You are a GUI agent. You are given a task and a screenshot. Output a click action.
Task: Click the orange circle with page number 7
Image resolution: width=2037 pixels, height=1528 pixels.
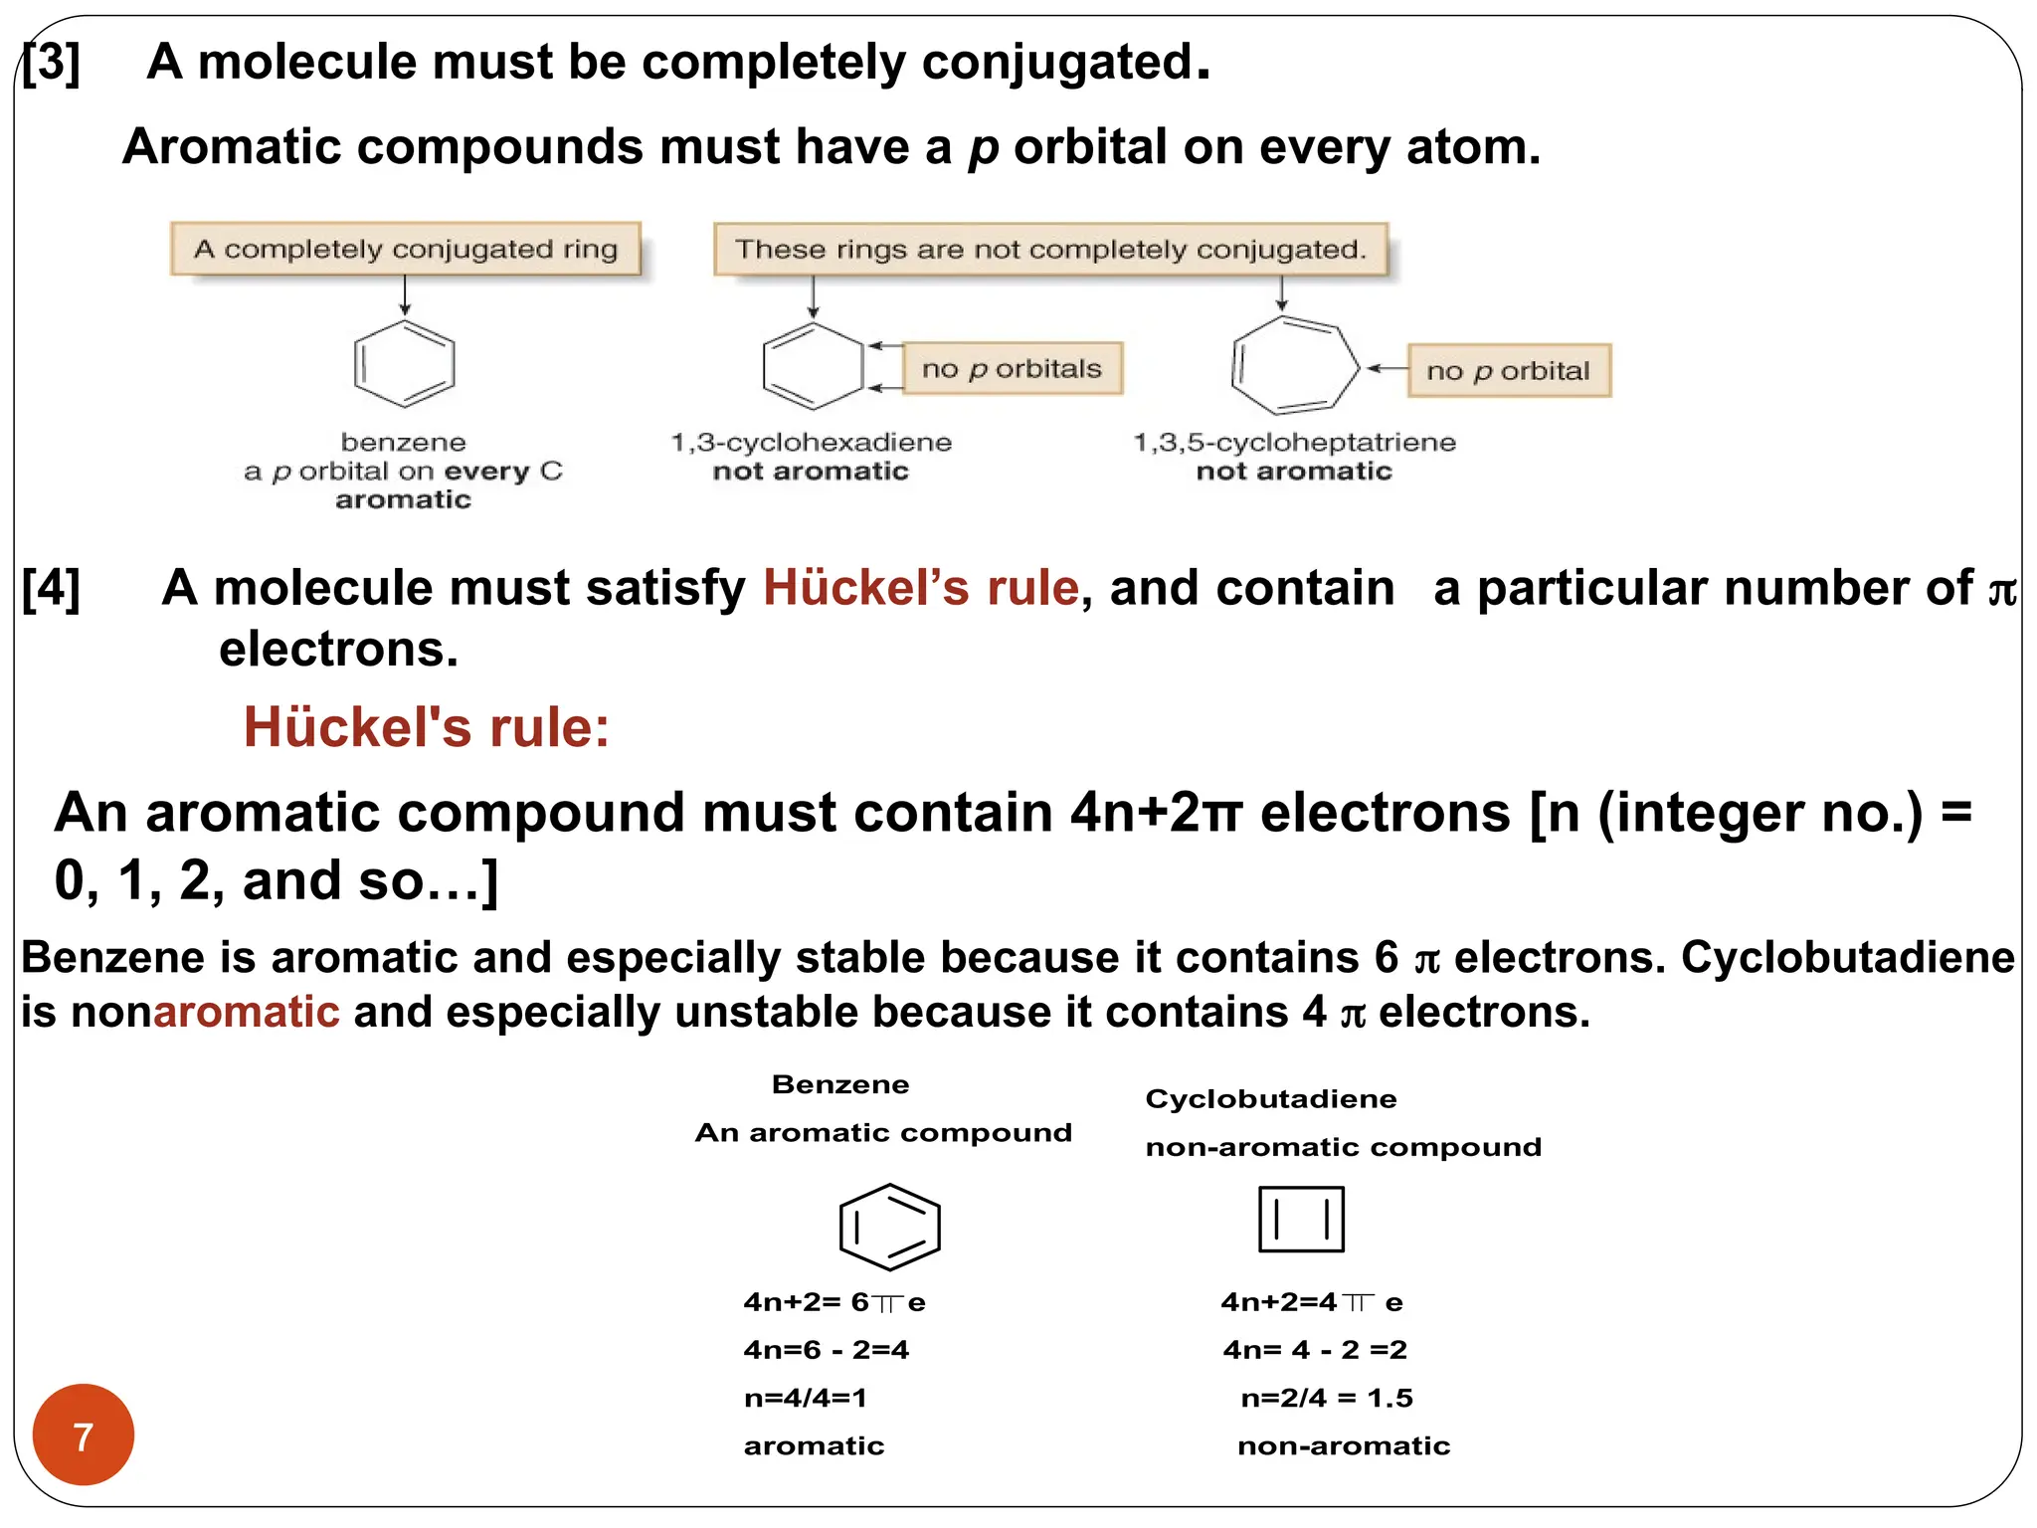coord(84,1434)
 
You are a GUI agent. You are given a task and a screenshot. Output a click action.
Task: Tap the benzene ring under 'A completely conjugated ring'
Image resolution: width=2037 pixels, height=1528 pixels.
coord(404,364)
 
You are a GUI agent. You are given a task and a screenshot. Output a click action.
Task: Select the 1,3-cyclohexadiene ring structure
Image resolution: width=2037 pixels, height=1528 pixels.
coord(813,366)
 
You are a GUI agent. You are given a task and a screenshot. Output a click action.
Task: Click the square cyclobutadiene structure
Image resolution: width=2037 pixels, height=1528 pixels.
coord(1301,1219)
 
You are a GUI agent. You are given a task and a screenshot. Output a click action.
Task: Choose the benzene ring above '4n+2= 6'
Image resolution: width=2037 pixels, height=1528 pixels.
coord(889,1227)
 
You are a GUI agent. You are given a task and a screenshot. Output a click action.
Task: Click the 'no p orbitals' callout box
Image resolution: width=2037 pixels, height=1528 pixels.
coord(1012,369)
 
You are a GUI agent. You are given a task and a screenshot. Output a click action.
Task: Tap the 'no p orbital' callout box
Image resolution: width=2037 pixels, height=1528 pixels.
coord(1508,371)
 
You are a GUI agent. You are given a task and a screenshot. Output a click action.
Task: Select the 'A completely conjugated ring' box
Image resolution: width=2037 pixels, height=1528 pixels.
coord(406,249)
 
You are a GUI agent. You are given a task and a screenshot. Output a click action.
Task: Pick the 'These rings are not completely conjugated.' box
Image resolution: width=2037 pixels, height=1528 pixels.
coord(1050,250)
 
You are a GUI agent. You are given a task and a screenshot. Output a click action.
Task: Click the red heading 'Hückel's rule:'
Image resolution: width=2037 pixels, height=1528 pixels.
coord(427,726)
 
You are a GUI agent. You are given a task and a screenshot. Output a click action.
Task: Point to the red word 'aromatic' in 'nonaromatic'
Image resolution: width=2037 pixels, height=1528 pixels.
coord(247,1012)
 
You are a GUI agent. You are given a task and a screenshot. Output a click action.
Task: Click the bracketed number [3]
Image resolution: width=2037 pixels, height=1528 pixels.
coord(52,62)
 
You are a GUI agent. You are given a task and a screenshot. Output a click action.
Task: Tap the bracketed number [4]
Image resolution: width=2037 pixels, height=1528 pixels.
coord(52,587)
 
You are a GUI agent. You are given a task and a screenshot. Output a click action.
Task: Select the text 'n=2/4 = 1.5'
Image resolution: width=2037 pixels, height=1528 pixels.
coord(1327,1398)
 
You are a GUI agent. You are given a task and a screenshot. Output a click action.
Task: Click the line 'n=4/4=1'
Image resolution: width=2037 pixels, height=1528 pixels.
coord(806,1398)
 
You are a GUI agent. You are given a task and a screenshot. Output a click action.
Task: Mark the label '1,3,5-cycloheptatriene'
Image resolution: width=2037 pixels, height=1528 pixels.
coord(1294,442)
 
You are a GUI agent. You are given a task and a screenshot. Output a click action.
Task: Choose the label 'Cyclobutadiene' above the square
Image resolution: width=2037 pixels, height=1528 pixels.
coord(1271,1098)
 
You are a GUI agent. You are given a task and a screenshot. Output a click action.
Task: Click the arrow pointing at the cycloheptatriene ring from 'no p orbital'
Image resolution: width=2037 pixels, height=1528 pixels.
coord(1387,368)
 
